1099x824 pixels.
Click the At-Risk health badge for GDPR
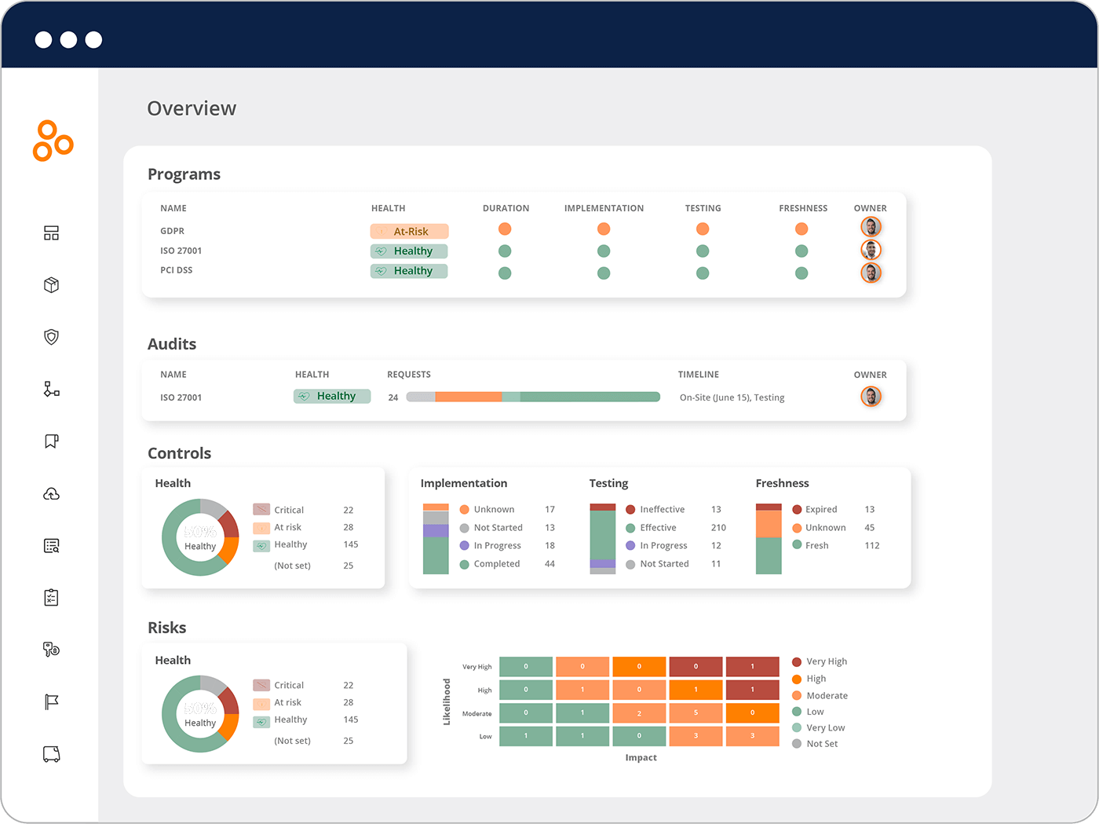point(409,231)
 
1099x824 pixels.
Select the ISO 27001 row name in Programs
point(181,251)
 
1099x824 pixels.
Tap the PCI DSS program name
point(177,270)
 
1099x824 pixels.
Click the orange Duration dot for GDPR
point(505,229)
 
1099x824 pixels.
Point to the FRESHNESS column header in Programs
point(803,208)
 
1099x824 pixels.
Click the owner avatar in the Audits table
point(871,397)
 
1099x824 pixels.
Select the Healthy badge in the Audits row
point(332,397)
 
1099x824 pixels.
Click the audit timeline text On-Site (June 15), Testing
point(732,397)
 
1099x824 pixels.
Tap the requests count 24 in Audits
point(393,397)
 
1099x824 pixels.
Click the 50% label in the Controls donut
point(200,532)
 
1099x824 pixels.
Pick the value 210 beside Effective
point(718,528)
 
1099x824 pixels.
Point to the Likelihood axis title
point(447,701)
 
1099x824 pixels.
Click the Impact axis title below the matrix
point(641,758)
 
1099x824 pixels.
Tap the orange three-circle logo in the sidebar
point(53,141)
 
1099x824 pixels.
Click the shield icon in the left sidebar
point(52,337)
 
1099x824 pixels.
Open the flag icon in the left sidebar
point(52,702)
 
